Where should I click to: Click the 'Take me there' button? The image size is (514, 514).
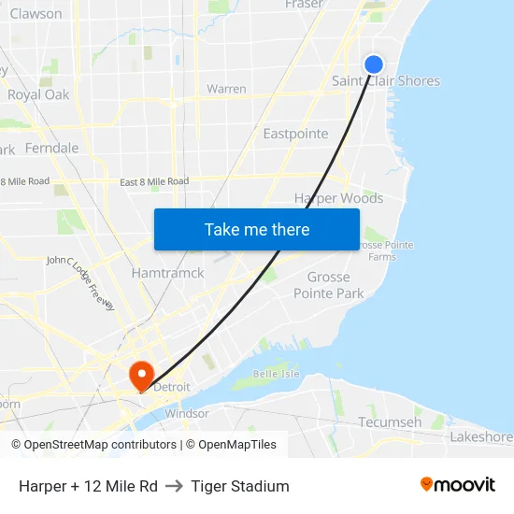(257, 229)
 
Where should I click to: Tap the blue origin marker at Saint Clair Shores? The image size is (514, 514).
(373, 64)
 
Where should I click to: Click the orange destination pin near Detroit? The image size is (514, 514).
(142, 376)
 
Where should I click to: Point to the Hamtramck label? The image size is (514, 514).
(167, 273)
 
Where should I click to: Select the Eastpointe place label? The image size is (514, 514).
(295, 134)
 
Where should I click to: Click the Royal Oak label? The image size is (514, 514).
(38, 94)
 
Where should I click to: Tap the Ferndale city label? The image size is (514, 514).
(51, 148)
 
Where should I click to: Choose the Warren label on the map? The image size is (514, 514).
(226, 90)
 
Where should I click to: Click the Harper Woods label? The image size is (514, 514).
(338, 198)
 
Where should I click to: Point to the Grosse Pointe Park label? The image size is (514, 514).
(329, 285)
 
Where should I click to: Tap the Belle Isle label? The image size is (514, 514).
(276, 374)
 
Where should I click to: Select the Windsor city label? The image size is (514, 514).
(187, 413)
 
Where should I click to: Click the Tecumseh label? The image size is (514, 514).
(390, 422)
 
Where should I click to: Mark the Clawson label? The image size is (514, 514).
(36, 14)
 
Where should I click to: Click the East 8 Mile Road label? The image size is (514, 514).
(154, 181)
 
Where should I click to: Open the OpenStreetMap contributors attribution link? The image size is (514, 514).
(100, 445)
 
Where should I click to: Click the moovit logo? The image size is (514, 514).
(458, 485)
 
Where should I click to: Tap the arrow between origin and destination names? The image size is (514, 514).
(174, 486)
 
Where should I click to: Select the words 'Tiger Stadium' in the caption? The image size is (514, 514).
(240, 486)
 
